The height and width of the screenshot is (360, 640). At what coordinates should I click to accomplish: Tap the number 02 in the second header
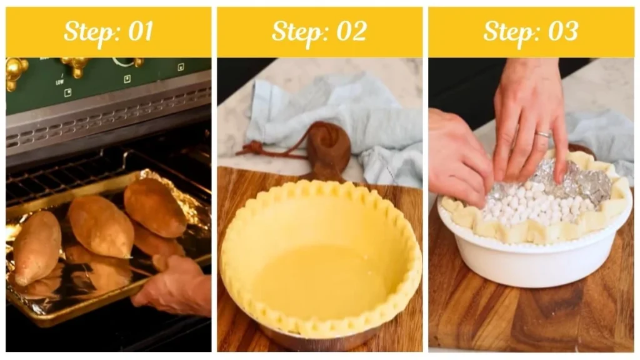point(350,32)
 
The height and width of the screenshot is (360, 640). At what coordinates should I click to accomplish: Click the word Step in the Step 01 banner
point(89,32)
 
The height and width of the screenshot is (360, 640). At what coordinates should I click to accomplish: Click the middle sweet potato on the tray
point(100,226)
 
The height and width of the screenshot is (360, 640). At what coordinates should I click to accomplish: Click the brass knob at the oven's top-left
point(15,71)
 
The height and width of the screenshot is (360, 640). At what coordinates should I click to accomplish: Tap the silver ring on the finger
point(542,134)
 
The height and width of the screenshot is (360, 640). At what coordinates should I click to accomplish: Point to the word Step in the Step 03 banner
point(507,32)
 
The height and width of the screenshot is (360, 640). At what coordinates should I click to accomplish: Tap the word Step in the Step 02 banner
point(297,32)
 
